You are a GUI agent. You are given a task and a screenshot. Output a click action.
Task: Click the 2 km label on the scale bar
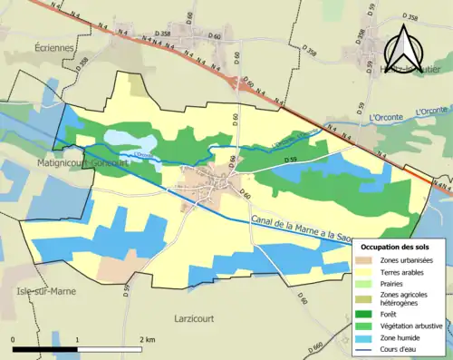click(148, 338)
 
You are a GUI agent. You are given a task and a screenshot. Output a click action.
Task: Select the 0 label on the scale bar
click(14, 338)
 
